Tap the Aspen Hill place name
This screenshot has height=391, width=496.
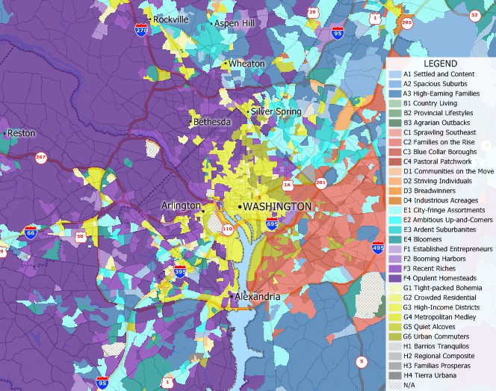235,24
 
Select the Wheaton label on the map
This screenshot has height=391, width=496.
247,64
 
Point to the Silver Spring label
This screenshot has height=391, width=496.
276,111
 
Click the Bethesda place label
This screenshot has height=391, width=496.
213,121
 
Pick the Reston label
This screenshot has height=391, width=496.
22,133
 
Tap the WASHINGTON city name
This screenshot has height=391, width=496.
275,206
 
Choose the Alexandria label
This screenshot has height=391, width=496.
258,297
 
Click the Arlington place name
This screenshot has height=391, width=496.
181,205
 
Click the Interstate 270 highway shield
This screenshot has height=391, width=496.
141,30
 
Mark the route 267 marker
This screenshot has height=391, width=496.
40,157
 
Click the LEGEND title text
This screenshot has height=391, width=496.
441,64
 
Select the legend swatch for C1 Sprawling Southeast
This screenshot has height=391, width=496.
394,132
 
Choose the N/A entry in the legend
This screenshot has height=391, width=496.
394,385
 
